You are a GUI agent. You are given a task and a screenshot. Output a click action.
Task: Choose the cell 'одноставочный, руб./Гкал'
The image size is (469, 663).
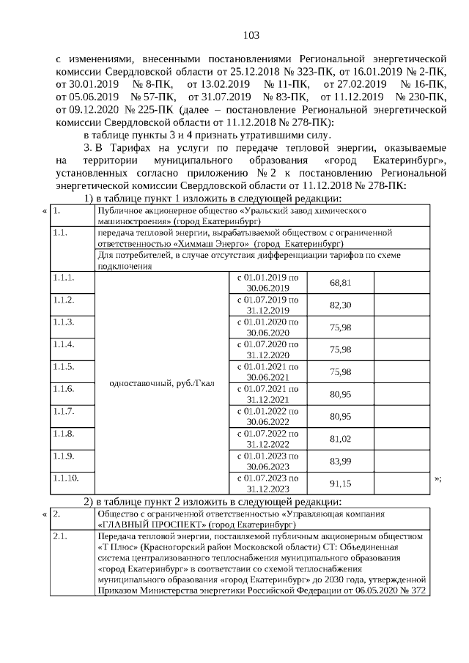click(x=161, y=383)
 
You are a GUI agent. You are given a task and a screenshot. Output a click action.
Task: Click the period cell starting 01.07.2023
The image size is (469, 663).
click(x=265, y=484)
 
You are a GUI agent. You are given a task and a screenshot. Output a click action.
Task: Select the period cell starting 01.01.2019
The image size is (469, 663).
click(x=265, y=283)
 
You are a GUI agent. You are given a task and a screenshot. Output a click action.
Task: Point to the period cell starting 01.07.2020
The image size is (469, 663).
click(x=265, y=349)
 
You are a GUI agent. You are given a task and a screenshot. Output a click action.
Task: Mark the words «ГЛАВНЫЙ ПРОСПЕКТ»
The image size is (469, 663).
click(x=152, y=525)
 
